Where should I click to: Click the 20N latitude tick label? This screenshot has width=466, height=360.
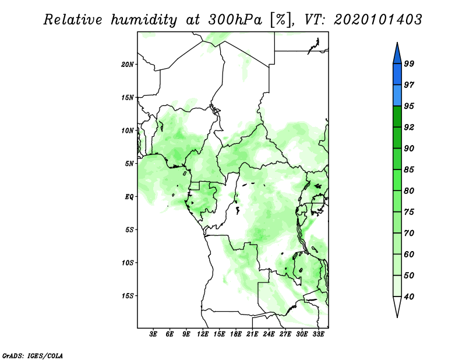[x=128, y=64]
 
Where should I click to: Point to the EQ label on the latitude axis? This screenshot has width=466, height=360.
[x=129, y=196]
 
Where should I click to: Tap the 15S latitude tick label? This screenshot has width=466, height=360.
[x=128, y=295]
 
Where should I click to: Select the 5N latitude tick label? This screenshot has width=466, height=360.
[x=129, y=163]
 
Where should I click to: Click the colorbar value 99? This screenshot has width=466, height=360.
[x=409, y=63]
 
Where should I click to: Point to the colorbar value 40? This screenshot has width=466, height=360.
[x=409, y=297]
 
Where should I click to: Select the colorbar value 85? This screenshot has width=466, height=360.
[x=409, y=170]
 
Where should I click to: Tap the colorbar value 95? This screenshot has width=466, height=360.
[x=409, y=106]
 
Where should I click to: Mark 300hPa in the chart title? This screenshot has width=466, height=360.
[x=231, y=20]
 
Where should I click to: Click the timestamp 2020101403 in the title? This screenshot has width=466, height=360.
[x=378, y=20]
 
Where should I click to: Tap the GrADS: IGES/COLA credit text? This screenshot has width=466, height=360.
[x=33, y=355]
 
